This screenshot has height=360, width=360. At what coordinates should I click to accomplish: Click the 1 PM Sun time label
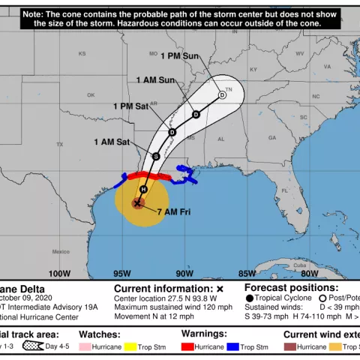tap(181, 55)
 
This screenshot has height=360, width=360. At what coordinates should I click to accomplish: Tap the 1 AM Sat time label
tap(111, 141)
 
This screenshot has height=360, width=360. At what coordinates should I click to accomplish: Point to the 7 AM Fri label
tap(174, 212)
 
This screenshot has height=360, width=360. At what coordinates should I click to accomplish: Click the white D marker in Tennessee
tap(222, 94)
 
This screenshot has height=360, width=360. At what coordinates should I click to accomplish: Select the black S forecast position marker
tap(155, 156)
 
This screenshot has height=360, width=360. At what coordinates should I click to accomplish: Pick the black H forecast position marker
tap(142, 189)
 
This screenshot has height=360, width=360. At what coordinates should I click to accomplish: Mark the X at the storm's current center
tap(138, 202)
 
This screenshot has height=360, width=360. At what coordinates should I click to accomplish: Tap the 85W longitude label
tap(244, 274)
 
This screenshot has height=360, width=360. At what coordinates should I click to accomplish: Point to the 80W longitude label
tap(309, 274)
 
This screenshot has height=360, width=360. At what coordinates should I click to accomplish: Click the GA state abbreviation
tap(272, 138)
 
